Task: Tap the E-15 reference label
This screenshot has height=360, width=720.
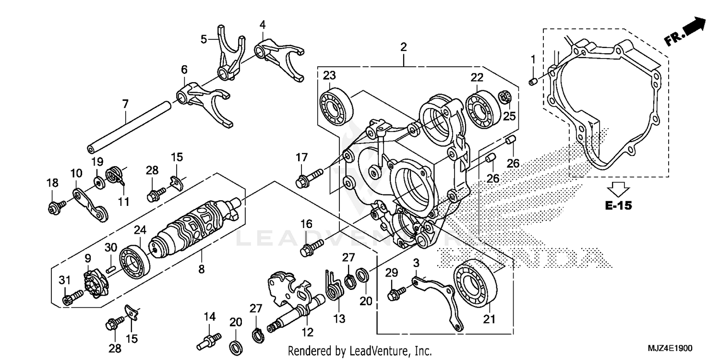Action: (x=618, y=206)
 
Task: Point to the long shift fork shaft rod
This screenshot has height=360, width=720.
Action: (x=129, y=124)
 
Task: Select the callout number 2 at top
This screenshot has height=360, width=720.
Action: (x=403, y=47)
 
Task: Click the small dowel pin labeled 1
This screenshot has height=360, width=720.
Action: (x=532, y=83)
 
